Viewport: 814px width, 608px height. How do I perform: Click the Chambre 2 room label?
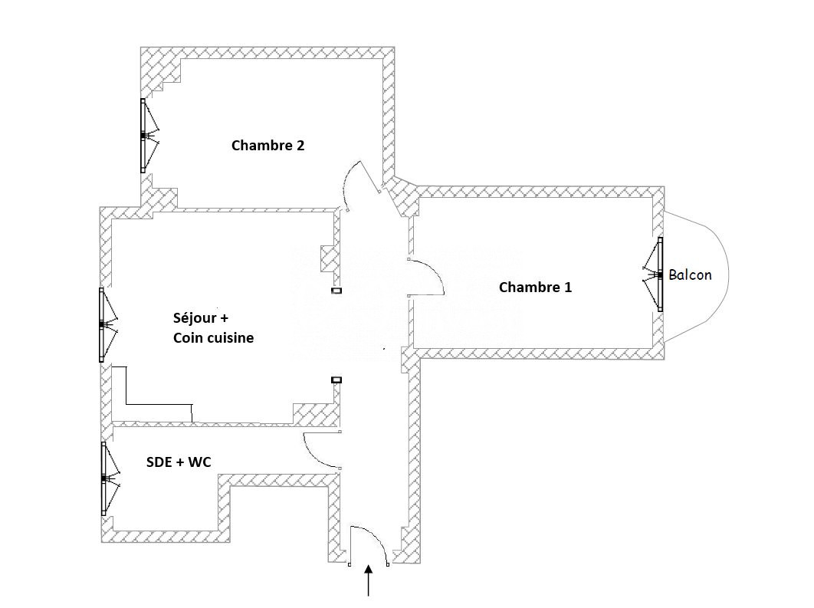[268, 145]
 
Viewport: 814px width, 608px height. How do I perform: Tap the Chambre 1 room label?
[535, 288]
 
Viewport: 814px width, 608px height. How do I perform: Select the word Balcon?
[690, 274]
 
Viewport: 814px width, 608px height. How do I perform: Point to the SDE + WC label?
[179, 462]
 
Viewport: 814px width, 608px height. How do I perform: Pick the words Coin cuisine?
[213, 337]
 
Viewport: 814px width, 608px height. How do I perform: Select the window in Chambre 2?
[144, 136]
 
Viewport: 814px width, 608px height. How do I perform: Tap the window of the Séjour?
[103, 324]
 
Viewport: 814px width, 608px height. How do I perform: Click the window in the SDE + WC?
[104, 478]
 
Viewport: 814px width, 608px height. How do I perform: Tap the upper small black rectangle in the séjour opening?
[336, 291]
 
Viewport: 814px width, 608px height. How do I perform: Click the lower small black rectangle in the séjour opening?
[336, 380]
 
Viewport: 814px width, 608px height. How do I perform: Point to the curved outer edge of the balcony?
[725, 274]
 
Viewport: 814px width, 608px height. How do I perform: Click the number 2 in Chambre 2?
[300, 145]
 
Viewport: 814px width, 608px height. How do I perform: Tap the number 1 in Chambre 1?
[567, 288]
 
